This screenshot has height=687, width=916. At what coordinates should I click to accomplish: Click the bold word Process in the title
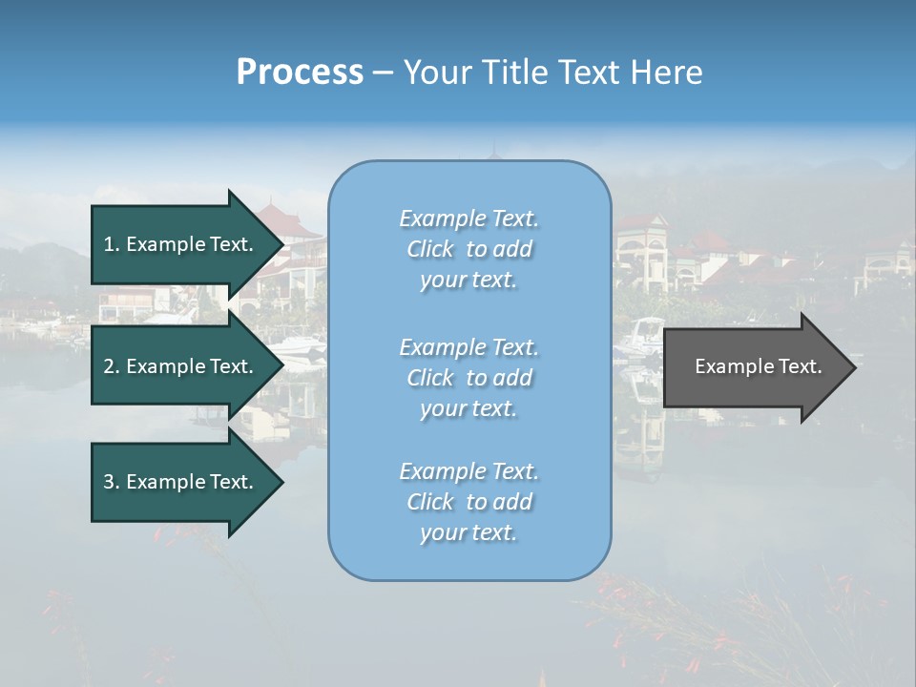coord(300,73)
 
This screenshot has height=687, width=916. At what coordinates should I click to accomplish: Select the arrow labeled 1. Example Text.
coord(181,244)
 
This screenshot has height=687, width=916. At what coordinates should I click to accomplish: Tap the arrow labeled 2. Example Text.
coord(181,366)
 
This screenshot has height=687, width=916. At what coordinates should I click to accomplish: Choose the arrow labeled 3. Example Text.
coord(181,482)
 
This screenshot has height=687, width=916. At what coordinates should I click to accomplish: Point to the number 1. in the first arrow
coord(112,244)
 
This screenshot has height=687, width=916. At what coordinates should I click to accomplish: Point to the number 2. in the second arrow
coord(112,366)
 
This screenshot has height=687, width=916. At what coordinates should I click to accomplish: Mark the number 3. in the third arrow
coord(112,482)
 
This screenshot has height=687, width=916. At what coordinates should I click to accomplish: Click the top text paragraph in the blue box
coord(468,249)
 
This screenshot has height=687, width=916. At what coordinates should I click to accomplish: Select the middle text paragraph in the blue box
coord(468,378)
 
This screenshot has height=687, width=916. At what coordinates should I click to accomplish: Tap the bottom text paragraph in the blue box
coord(468,502)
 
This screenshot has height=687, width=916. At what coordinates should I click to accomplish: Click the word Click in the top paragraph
coord(430,249)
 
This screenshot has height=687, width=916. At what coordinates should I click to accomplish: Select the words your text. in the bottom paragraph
coord(468,533)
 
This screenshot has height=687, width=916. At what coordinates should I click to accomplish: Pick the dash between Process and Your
coord(383,73)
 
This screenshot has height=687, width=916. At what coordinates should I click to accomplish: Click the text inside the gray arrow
coord(758,366)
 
